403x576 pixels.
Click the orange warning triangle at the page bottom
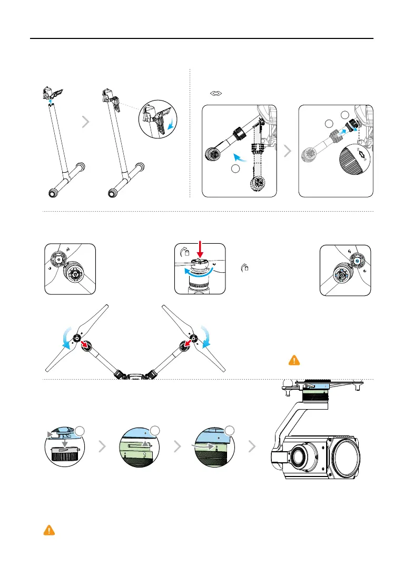click(48, 530)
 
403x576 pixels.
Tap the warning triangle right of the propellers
click(293, 360)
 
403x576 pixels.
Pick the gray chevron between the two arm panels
click(288, 152)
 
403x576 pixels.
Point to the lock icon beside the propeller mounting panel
click(244, 269)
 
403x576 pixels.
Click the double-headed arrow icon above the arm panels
click(216, 93)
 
